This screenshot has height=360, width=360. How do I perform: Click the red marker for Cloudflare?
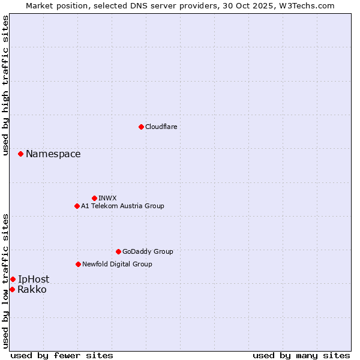point(141,127)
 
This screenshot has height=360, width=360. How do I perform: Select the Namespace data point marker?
point(20,154)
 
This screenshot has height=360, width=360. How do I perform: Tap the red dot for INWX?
point(94,198)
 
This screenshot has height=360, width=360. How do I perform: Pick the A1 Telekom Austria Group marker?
point(77,206)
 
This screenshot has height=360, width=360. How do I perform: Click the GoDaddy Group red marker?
point(118,251)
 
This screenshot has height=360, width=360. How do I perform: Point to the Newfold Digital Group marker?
point(78,264)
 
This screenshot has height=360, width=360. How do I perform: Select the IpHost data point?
point(13,279)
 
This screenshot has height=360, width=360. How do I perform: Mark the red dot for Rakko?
point(12,289)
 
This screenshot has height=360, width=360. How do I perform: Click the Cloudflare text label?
point(161,127)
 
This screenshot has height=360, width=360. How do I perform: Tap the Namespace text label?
point(53,154)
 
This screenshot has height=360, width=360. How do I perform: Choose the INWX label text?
point(107,198)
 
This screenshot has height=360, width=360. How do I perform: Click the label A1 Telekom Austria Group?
point(122,206)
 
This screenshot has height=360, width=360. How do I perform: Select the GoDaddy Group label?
point(148,251)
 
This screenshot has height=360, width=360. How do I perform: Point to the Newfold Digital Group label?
point(117,264)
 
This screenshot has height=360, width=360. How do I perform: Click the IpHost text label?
point(34,279)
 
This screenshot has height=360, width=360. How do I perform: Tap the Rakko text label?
point(32,290)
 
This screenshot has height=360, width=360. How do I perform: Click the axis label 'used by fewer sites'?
point(62,355)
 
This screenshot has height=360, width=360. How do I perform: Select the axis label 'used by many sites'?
point(301,355)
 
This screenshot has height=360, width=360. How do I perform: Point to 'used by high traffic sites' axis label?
point(5,85)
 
